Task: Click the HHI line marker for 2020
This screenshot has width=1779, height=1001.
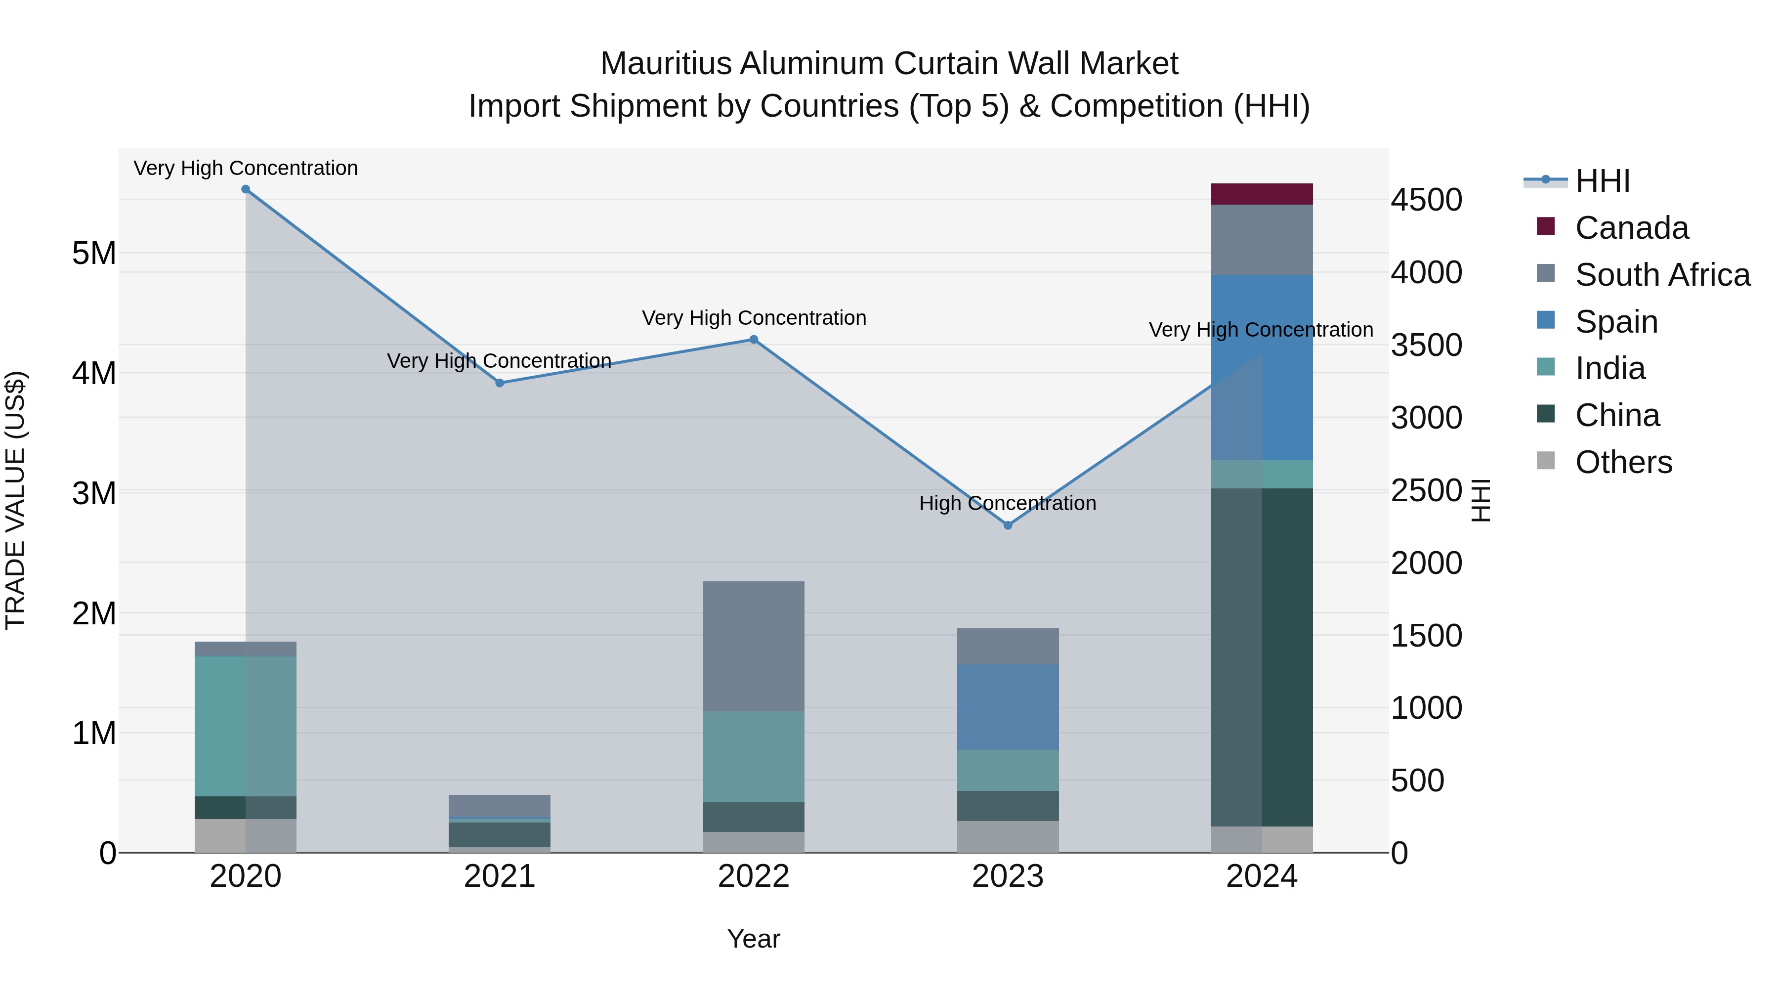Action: (x=246, y=189)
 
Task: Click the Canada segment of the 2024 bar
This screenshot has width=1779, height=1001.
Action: (x=1262, y=194)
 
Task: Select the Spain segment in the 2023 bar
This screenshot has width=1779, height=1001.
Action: (x=1008, y=707)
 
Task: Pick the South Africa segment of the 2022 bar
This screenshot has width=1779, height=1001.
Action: (x=754, y=646)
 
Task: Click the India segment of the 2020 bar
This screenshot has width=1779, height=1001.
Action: (x=246, y=726)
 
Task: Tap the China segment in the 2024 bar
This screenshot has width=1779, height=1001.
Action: (x=1262, y=657)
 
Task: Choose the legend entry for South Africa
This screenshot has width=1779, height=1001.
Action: (x=1662, y=275)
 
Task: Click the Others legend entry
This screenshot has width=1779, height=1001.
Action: (x=1623, y=462)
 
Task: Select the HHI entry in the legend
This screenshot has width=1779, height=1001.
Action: (x=1602, y=181)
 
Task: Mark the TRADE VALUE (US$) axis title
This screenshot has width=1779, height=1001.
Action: (x=15, y=500)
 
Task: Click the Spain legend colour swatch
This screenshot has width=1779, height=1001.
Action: (x=1546, y=320)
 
